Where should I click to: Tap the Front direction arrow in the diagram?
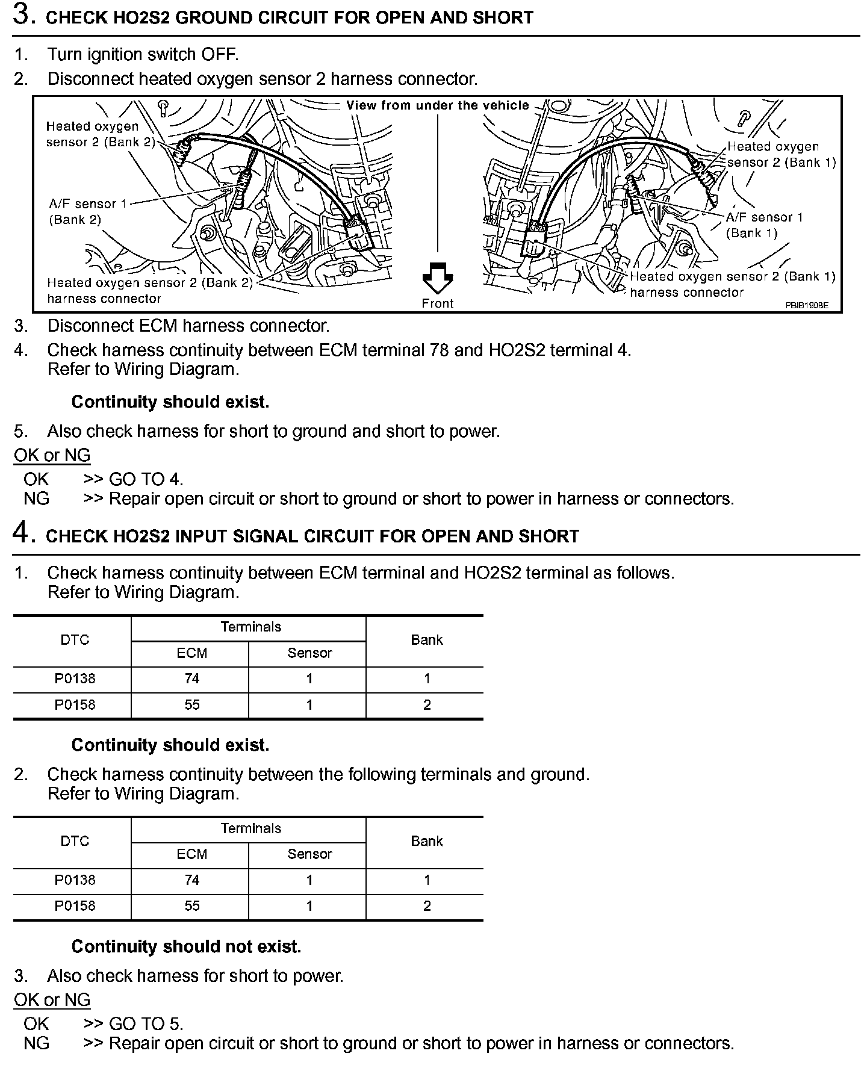(x=438, y=278)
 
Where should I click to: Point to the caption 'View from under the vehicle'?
(x=438, y=105)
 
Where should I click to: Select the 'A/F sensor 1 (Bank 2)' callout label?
(x=88, y=211)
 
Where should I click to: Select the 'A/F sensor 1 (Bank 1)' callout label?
(x=764, y=225)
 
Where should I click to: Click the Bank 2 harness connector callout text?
(x=150, y=290)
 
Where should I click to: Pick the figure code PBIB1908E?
(x=806, y=305)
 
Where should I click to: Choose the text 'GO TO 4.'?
(x=146, y=479)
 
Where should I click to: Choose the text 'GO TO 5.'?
(x=146, y=1024)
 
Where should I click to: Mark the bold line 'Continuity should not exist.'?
(x=186, y=946)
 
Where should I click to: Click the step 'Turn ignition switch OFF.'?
(x=143, y=54)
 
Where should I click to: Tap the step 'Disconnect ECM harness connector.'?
(x=188, y=326)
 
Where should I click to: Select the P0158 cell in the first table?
(x=75, y=705)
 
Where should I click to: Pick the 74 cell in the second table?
(x=192, y=880)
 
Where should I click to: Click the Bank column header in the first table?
(x=426, y=640)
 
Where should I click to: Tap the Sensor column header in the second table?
(x=309, y=854)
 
